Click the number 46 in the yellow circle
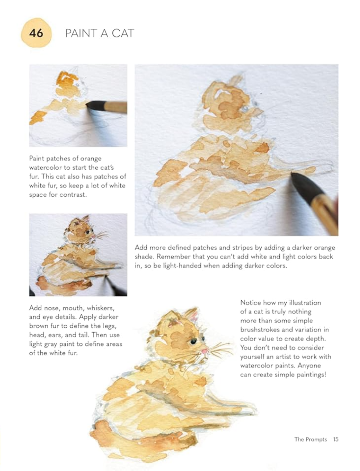(36, 33)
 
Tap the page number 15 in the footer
(336, 439)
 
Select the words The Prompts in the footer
(310, 440)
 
